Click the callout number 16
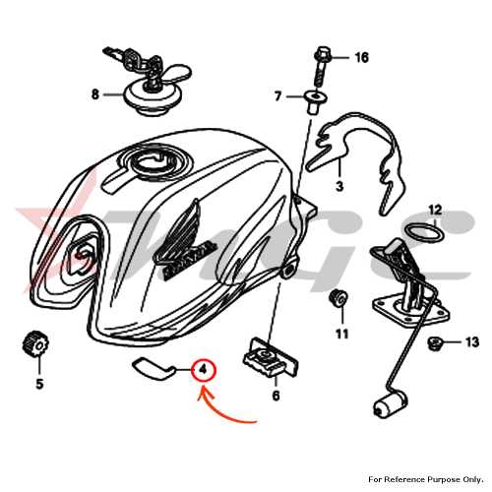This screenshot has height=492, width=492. click(362, 58)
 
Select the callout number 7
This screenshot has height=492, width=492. click(277, 96)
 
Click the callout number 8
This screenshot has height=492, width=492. click(94, 94)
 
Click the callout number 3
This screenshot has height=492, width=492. click(339, 186)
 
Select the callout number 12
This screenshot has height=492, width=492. click(435, 210)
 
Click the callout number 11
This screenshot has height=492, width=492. click(341, 334)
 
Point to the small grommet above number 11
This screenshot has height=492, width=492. click(338, 298)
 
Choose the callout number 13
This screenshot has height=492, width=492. click(472, 342)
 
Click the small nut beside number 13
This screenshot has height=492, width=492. click(435, 343)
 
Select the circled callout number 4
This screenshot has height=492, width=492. click(204, 370)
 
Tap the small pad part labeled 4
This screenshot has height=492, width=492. click(153, 369)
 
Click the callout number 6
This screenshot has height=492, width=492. click(276, 396)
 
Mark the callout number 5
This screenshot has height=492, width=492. click(39, 384)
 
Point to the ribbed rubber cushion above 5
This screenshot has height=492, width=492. click(35, 343)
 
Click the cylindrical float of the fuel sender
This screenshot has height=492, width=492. click(390, 405)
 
